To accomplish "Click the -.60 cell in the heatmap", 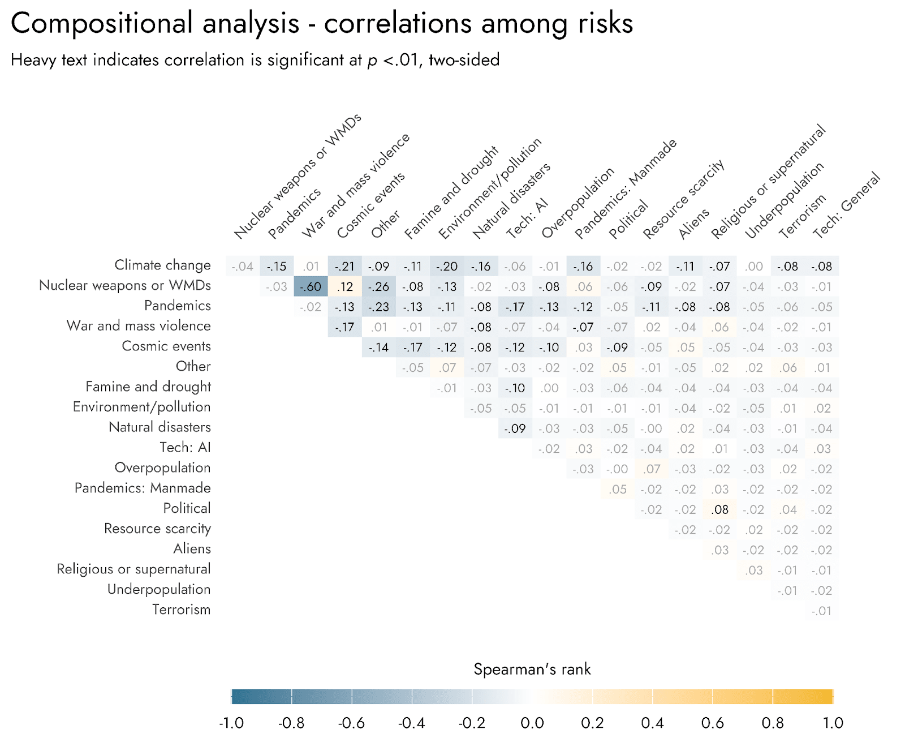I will [x=311, y=287].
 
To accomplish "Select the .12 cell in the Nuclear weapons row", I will [x=344, y=287].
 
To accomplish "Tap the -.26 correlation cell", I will [x=378, y=287].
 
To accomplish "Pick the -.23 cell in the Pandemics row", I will [x=378, y=307].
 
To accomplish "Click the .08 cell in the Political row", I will [x=719, y=509].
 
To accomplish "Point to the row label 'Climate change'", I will [x=162, y=265].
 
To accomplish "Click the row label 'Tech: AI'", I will [x=185, y=447].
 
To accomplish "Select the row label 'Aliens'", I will [x=192, y=548].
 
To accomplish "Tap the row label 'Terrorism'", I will [x=181, y=610].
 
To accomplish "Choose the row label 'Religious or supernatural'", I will [x=133, y=569].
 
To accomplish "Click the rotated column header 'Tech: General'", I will [x=846, y=205].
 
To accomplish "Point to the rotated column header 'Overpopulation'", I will [x=578, y=203].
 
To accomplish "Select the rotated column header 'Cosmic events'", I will [x=370, y=205].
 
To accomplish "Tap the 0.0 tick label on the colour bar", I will [x=532, y=723].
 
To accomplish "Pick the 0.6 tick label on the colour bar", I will [x=713, y=723].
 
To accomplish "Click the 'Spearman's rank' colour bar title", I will [x=532, y=669].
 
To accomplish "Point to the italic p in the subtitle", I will [x=372, y=61].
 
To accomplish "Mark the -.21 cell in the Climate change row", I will [x=344, y=267].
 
